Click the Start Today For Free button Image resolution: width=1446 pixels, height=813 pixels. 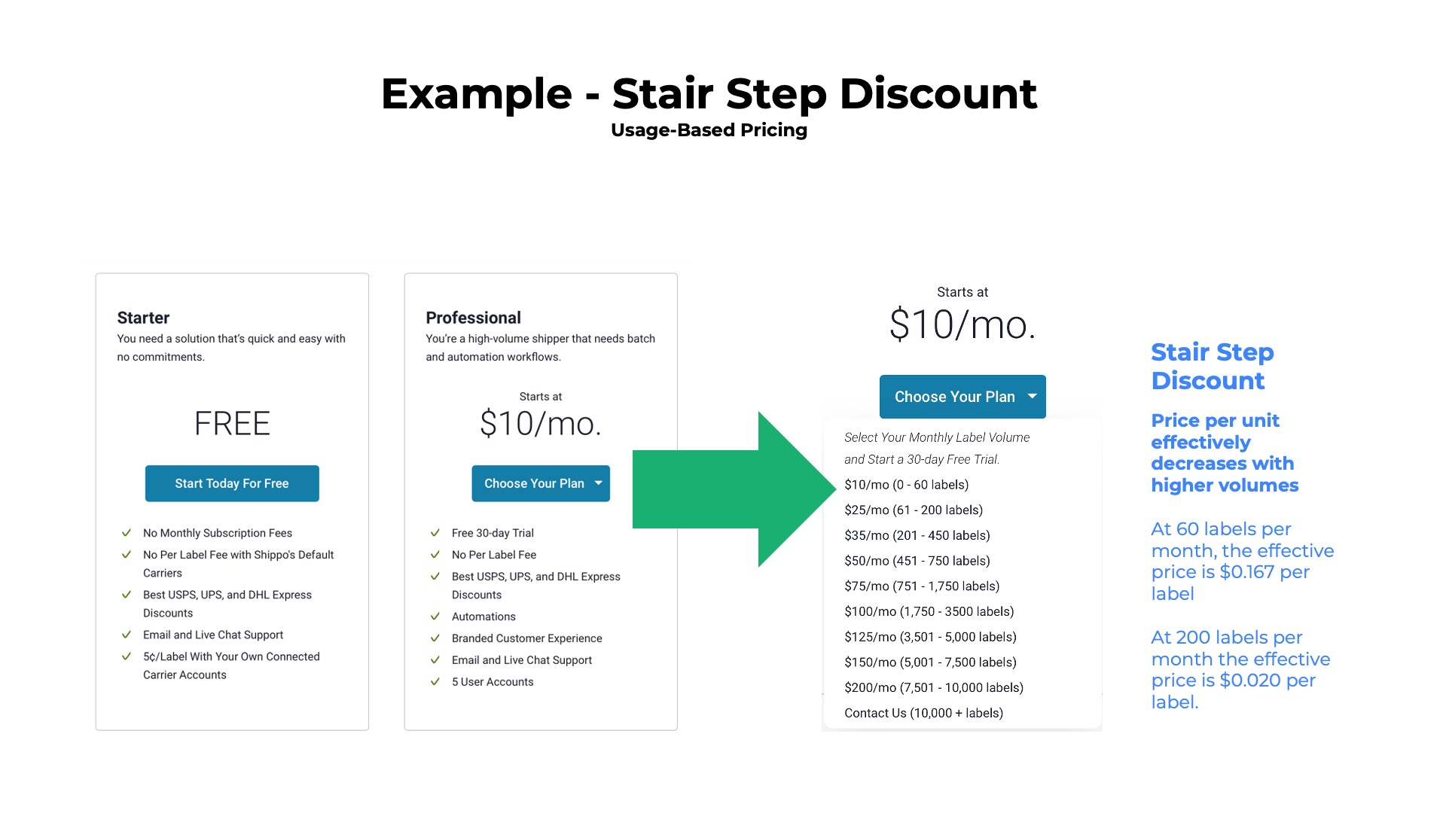(x=232, y=483)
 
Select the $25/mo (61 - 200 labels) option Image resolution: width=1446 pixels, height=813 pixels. (x=914, y=510)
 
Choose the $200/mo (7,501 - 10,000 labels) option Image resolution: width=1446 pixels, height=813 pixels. (x=934, y=687)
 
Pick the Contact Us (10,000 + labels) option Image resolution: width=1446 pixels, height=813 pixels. (x=923, y=713)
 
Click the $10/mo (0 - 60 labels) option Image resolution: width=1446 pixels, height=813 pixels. (x=906, y=485)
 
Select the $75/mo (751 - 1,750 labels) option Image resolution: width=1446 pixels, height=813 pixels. (x=922, y=586)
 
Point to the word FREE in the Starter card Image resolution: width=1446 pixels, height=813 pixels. (x=232, y=424)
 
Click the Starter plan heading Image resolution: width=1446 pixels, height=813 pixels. (x=143, y=318)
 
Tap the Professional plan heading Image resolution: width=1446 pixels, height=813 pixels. (x=473, y=318)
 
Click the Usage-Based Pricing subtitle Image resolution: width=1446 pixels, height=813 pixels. (x=709, y=130)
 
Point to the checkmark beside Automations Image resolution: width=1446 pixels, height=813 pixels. (x=435, y=617)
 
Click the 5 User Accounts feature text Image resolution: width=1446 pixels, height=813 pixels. (x=493, y=682)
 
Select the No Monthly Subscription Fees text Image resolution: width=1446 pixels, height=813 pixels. (x=218, y=533)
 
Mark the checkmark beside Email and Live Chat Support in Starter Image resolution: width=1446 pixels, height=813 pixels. (x=127, y=635)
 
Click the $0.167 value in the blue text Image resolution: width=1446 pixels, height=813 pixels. (x=1246, y=572)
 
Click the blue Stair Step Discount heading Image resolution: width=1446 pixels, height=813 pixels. (x=1212, y=366)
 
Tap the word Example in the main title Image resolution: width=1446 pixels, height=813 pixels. (x=476, y=94)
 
